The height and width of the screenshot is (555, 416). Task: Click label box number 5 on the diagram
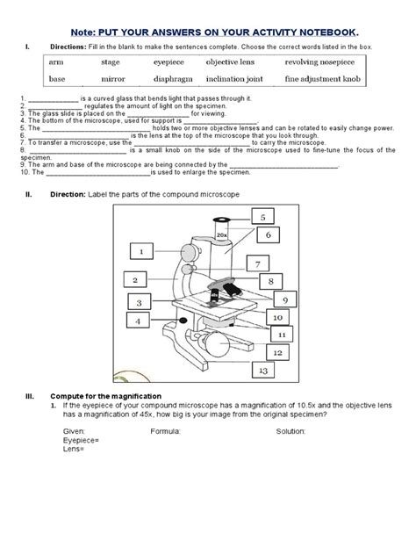click(x=262, y=216)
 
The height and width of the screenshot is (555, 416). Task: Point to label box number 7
click(x=258, y=263)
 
